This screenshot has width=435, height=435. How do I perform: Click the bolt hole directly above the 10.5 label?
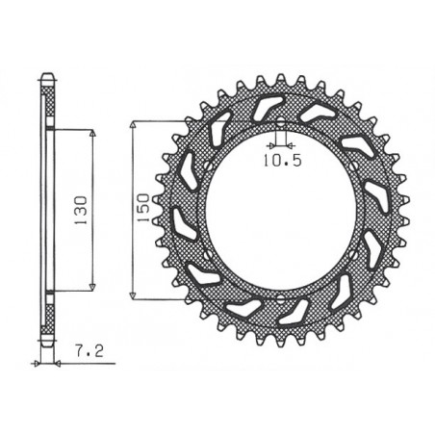(278, 122)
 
